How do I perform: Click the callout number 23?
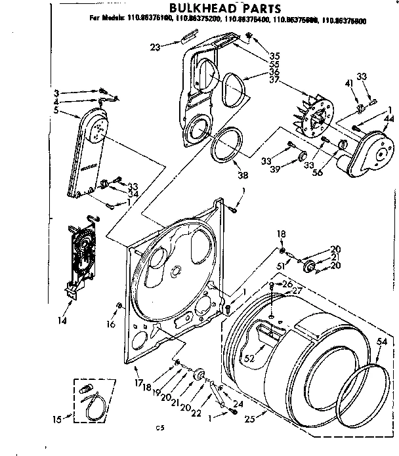[x=155, y=47]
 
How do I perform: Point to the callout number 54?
[x=382, y=342]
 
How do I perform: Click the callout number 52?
[x=249, y=358]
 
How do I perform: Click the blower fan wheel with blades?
[x=312, y=121]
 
